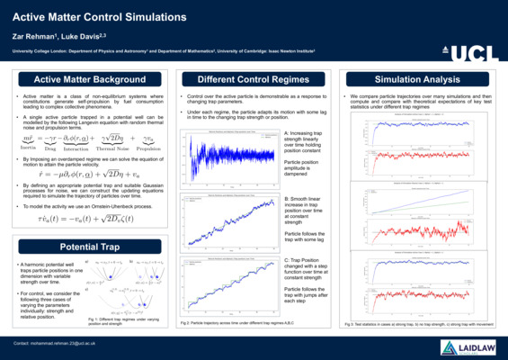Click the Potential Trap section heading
pyautogui.click(x=84, y=246)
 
